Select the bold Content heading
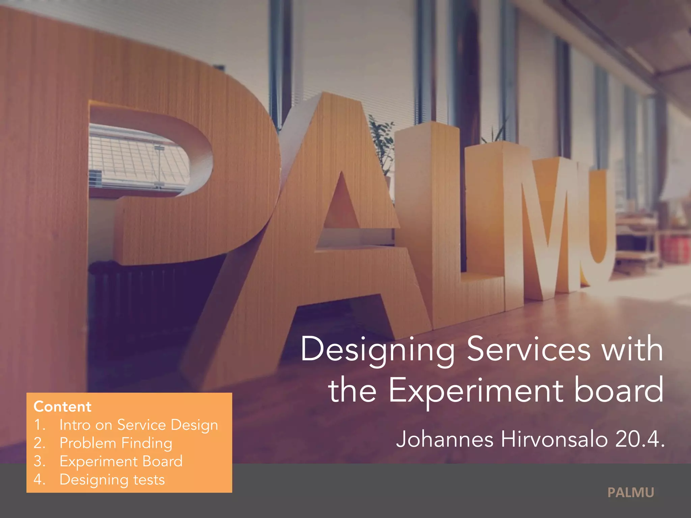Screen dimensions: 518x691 [x=62, y=407]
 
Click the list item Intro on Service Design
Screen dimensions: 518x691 [x=138, y=425]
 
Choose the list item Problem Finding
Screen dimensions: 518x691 [x=116, y=443]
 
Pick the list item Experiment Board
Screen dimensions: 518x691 [x=121, y=461]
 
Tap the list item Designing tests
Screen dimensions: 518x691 [x=112, y=480]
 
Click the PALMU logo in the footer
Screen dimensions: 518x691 [x=631, y=493]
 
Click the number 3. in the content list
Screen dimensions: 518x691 [x=39, y=461]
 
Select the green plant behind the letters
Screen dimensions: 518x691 [x=383, y=142]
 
